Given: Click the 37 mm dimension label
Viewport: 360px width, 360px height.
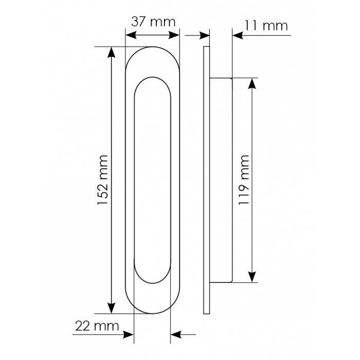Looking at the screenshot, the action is pyautogui.click(x=153, y=22).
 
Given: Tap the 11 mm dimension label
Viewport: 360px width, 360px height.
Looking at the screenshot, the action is pyautogui.click(x=266, y=26).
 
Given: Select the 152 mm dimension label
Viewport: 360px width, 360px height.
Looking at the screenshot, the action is pyautogui.click(x=103, y=180).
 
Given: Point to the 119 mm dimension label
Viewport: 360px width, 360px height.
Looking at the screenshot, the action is pyautogui.click(x=244, y=180).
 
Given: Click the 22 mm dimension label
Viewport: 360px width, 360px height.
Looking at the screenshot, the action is pyautogui.click(x=97, y=326).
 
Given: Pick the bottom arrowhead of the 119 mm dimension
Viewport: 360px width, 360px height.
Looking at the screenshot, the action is pyautogui.click(x=253, y=277).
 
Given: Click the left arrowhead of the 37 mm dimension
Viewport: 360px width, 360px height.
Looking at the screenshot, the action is pyautogui.click(x=131, y=35).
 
